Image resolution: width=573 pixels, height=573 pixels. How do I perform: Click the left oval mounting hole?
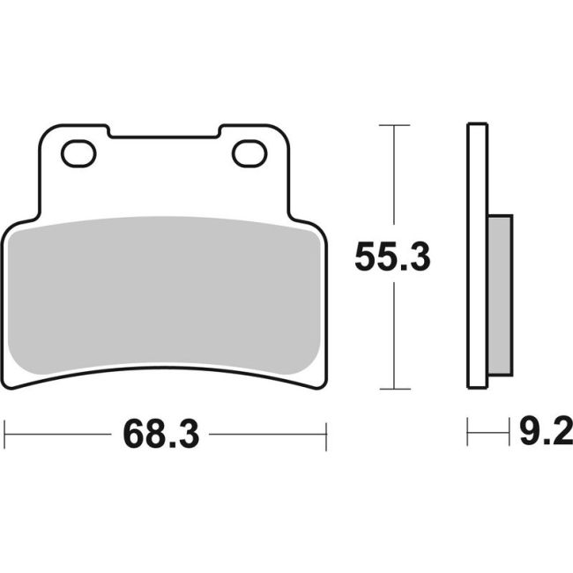click(78, 153)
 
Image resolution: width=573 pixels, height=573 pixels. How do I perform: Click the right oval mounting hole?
click(249, 153)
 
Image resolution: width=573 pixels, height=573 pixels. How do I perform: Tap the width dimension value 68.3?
click(158, 435)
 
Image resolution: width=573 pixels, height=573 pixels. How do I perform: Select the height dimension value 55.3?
click(392, 258)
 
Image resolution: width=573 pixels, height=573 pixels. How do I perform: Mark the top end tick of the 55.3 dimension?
click(393, 126)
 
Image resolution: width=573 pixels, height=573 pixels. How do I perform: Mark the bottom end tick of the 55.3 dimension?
click(393, 389)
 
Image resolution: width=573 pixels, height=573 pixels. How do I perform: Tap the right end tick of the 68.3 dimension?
click(326, 435)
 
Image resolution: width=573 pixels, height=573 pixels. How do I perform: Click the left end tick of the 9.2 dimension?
click(468, 434)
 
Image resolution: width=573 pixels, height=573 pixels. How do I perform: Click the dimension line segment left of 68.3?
click(57, 435)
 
